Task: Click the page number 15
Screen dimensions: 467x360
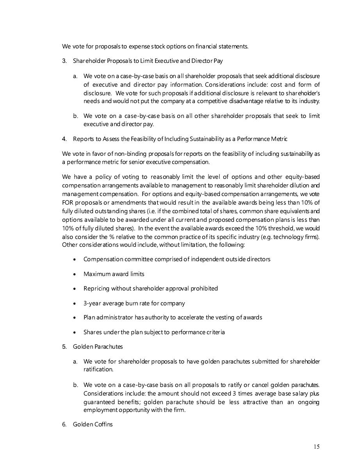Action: (316, 447)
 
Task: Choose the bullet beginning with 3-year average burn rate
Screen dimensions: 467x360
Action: (134, 303)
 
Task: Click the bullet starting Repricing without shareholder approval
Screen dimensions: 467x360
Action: (150, 289)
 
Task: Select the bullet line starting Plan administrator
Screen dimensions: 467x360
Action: (173, 317)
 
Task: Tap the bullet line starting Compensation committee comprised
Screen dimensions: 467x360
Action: (176, 259)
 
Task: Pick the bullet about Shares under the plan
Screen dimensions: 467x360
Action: (154, 332)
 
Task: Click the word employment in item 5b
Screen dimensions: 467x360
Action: (99, 410)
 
